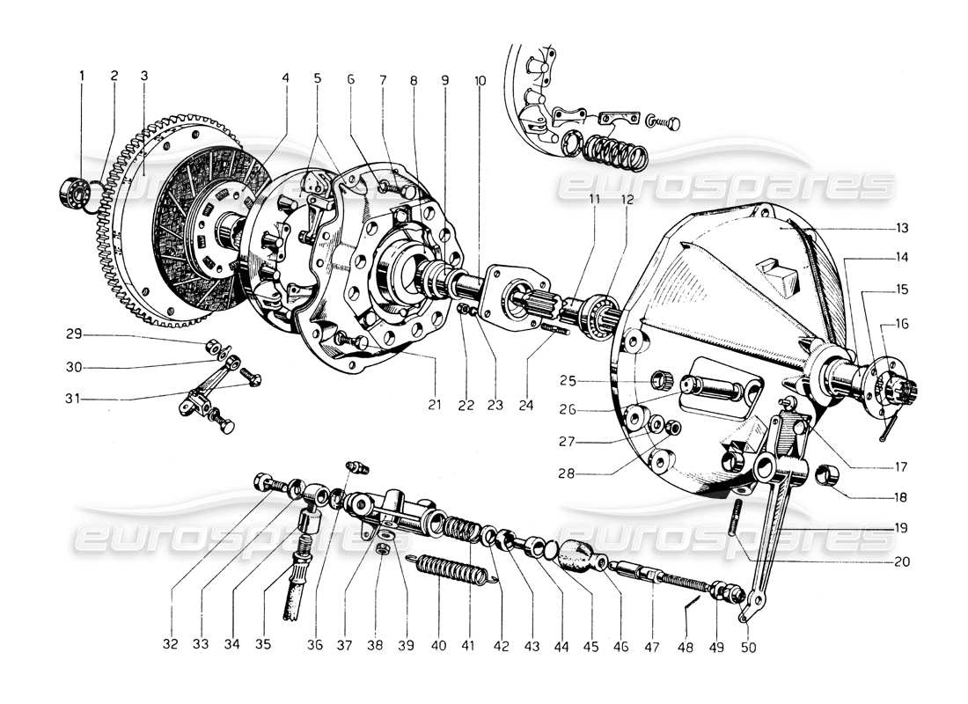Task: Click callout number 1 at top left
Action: pos(82,77)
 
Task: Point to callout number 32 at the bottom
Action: pos(170,644)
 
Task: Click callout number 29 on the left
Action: pos(74,335)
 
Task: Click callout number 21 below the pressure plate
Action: pos(434,405)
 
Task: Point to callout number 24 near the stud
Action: pos(526,405)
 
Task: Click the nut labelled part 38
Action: pos(383,548)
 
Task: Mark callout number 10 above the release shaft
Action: pos(480,80)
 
